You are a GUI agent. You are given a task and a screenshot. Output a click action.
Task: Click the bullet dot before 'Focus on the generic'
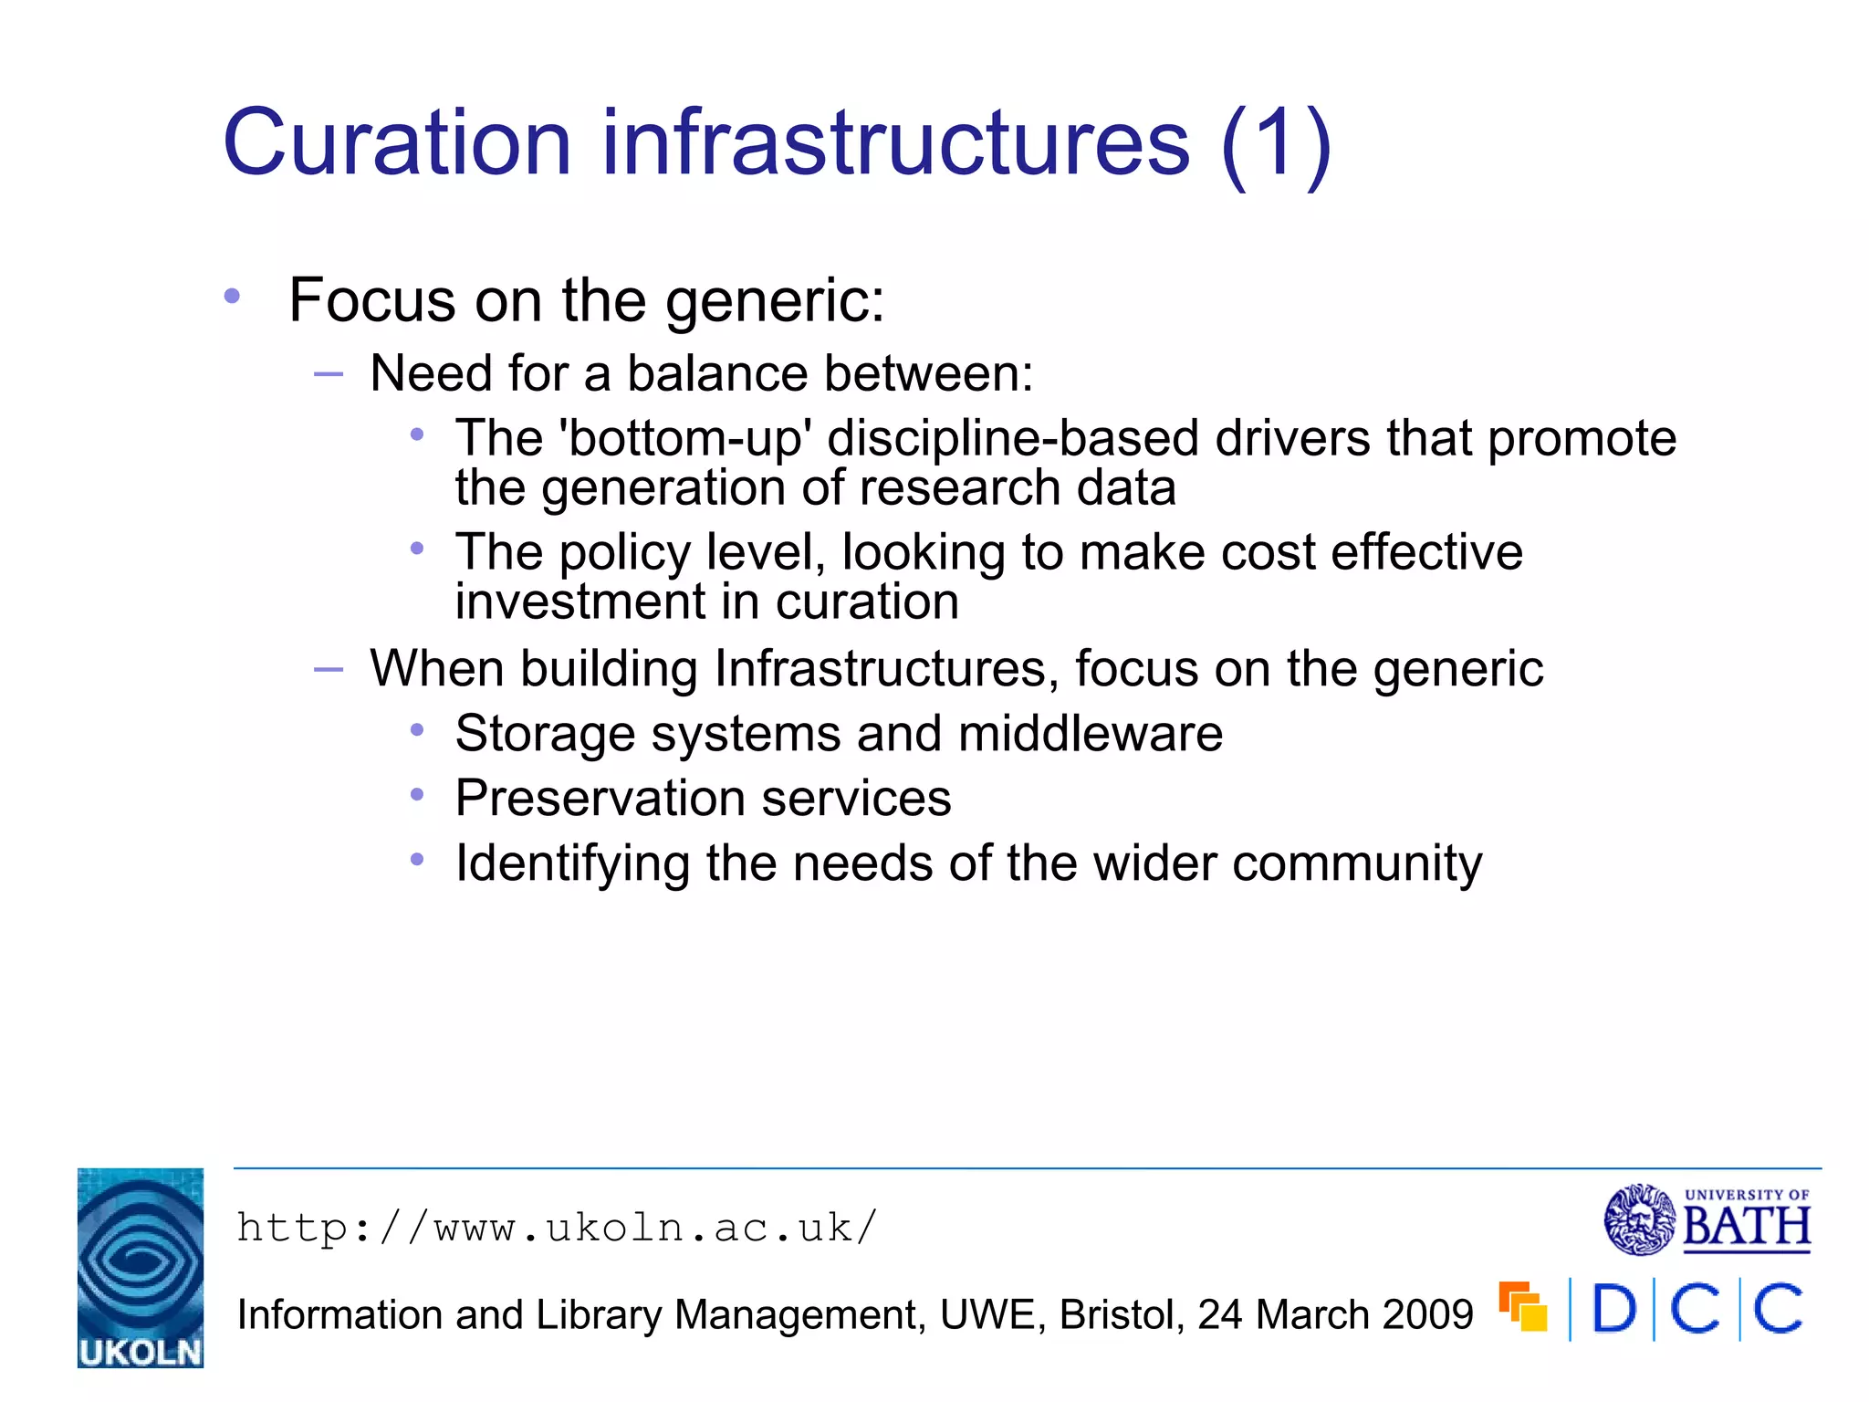233,296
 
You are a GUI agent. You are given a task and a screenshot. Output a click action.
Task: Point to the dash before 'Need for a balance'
328,373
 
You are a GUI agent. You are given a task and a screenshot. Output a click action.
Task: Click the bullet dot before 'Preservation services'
417,795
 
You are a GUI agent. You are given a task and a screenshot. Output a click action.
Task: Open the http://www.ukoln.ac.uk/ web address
557,1228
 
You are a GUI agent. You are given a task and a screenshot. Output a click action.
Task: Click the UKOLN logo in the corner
141,1268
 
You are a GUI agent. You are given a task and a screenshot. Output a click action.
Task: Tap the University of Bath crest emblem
1640,1219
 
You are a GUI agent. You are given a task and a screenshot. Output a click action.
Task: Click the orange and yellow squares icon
1523,1306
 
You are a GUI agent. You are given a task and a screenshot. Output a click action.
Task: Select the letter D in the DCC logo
1614,1309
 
